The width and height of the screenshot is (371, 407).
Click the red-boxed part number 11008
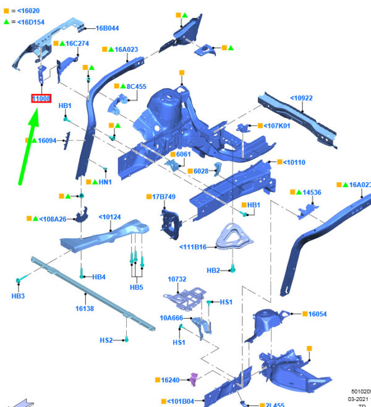pos(41,98)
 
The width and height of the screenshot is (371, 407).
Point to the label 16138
pos(85,308)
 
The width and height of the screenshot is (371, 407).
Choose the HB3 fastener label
pos(18,296)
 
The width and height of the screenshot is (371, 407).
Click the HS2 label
pos(106,340)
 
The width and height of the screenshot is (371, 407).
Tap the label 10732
pos(177,279)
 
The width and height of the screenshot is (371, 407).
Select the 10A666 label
pos(171,318)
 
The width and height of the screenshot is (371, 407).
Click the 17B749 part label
pos(165,196)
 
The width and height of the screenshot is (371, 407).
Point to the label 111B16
pos(194,247)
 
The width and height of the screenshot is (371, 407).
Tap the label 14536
pos(312,193)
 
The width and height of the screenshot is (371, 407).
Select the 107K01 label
pos(277,126)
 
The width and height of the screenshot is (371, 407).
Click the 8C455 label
pos(136,86)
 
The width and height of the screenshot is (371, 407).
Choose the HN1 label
pos(105,182)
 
